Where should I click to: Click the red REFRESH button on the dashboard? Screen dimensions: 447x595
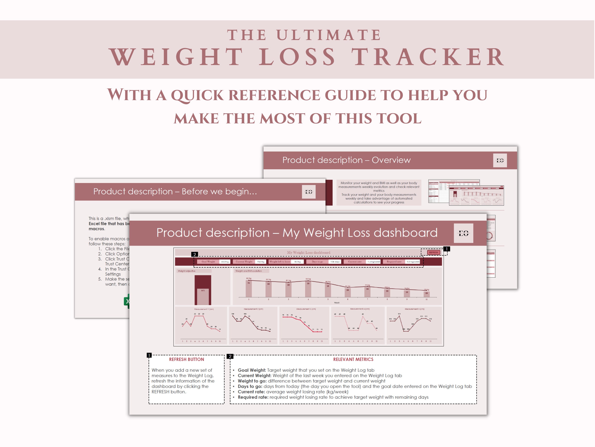(433, 253)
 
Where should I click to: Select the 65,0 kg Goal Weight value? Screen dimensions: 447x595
(225, 262)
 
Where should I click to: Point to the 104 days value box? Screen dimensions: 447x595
(335, 262)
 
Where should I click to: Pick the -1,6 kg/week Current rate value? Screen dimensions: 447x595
(374, 262)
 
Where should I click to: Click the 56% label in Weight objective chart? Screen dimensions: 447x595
(203, 291)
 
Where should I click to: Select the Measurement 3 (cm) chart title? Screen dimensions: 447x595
(306, 309)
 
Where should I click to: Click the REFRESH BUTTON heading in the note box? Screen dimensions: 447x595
(186, 359)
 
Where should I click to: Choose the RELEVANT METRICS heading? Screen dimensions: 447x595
(353, 359)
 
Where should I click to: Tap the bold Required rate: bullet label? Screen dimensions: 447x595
(253, 397)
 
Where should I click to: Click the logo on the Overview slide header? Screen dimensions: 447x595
(500, 161)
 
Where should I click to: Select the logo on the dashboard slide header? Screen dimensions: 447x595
(464, 233)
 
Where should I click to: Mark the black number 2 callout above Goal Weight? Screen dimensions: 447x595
(194, 254)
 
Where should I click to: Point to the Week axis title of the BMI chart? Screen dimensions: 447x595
(337, 303)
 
